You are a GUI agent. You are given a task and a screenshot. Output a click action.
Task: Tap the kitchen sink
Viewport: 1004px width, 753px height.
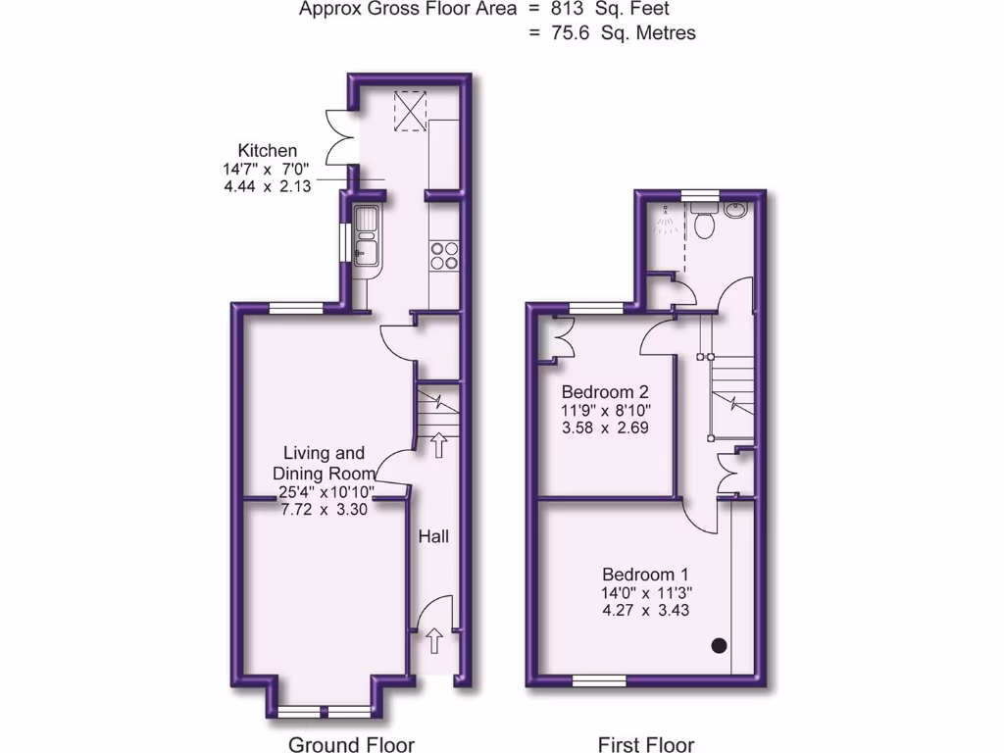[x=367, y=236]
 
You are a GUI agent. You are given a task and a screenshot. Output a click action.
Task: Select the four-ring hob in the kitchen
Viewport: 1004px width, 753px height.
[x=444, y=254]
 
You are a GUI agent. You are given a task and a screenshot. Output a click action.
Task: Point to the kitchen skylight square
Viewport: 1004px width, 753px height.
[x=412, y=110]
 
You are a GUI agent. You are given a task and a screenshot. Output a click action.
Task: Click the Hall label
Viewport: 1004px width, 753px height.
[x=434, y=537]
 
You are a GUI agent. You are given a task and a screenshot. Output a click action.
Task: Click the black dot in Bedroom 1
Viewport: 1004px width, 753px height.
[x=719, y=644]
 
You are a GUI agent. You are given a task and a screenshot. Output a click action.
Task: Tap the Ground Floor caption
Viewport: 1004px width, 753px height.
[x=351, y=744]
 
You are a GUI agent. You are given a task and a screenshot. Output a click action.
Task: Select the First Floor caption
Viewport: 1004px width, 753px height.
[x=646, y=744]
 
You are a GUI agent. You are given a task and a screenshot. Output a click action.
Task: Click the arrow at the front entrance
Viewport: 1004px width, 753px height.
[x=434, y=643]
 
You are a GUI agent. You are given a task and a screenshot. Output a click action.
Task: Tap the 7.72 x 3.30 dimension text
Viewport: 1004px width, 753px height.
[x=324, y=509]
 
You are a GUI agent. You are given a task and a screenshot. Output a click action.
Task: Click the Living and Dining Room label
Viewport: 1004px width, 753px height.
[x=324, y=463]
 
